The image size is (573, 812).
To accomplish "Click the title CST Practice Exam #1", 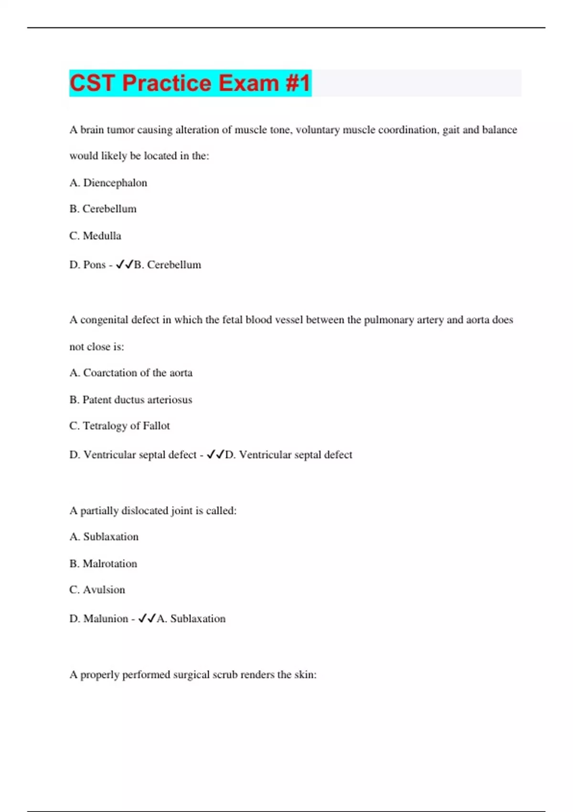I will [x=190, y=83].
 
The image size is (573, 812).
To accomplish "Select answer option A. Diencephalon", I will [x=108, y=183].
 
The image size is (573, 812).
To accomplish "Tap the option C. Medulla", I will [x=95, y=236].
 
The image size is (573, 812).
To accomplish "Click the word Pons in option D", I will [x=95, y=265].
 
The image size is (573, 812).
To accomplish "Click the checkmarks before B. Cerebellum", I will [x=125, y=265].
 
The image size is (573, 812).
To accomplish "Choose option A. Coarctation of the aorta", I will [x=131, y=373].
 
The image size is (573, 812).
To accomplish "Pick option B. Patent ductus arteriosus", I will [x=131, y=400].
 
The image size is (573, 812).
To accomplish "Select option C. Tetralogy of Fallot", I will [x=119, y=426].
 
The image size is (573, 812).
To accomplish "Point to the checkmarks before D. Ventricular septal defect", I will [x=215, y=455].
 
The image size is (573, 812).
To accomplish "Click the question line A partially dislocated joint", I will [x=153, y=511].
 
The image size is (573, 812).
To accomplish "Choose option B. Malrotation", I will [x=103, y=564].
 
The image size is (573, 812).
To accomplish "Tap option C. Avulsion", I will [x=97, y=590].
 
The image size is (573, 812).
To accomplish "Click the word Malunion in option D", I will [x=106, y=619].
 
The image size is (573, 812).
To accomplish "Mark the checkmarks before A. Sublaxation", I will [x=147, y=619].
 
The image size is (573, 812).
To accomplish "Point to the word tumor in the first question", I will [x=120, y=130].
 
